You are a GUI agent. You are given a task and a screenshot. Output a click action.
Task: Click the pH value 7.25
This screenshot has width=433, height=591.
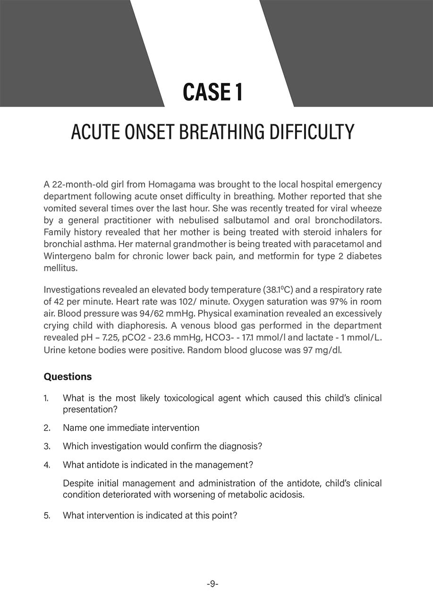102,338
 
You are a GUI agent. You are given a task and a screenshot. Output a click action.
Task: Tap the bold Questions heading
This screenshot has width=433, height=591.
68,377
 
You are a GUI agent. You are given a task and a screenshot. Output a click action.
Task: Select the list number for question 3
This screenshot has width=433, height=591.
47,446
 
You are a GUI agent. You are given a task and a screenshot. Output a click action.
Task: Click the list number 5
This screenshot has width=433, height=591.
47,515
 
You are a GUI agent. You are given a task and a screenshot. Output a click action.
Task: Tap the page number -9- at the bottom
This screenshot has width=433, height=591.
212,584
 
